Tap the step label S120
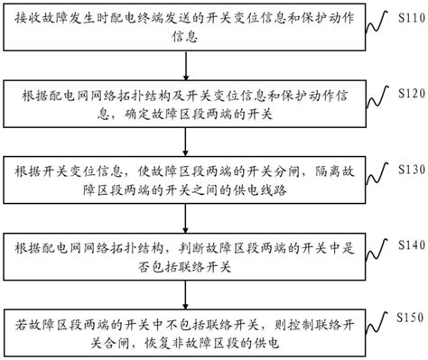[x=408, y=93]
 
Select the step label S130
[x=408, y=170]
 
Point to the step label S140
[x=408, y=245]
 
